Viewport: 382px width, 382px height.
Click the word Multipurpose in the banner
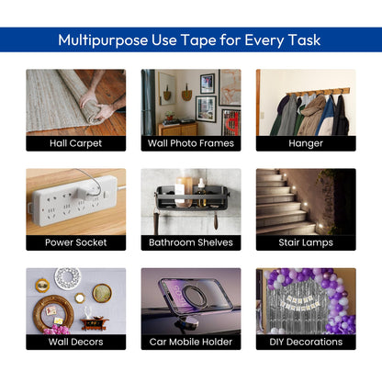pos(103,40)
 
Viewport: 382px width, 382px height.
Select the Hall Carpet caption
pos(75,143)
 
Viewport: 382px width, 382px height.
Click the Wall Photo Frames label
pos(191,143)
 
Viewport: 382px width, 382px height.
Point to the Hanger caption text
pos(306,143)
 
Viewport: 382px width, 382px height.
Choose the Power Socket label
pos(76,242)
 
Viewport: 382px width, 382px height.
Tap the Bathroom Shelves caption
pos(191,242)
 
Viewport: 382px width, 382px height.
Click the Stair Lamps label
pos(306,243)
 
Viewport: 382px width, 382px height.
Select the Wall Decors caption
pos(76,342)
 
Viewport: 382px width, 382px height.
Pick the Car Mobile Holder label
pos(191,342)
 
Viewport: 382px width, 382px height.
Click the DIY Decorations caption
pos(306,342)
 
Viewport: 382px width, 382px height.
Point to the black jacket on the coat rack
pos(341,117)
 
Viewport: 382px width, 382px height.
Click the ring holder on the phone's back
pos(194,297)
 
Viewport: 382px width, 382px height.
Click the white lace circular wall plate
pos(68,278)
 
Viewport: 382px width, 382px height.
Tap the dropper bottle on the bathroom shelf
pos(201,192)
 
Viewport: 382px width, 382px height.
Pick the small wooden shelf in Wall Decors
pos(95,324)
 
